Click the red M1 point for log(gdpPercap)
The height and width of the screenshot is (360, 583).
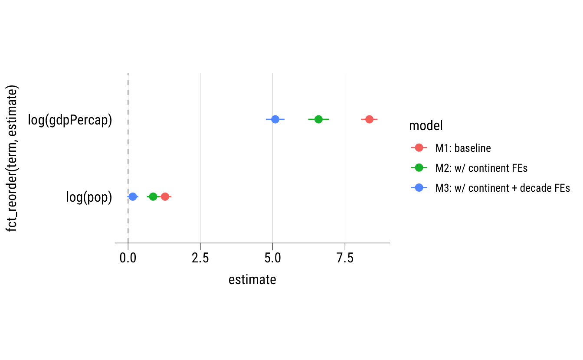coord(369,119)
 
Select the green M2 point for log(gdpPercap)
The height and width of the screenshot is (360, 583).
coord(318,119)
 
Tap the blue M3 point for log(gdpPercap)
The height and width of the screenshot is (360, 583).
coord(275,119)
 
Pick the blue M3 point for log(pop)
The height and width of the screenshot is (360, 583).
coord(133,197)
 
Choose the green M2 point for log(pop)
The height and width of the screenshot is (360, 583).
coord(153,197)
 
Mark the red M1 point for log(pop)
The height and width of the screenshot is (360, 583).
coord(165,197)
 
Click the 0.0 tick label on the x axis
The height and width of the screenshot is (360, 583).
coord(128,258)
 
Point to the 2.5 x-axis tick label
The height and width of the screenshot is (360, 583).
coord(200,258)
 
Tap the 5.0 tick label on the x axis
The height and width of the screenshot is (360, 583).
coord(272,258)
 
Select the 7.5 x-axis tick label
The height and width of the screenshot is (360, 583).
coord(345,258)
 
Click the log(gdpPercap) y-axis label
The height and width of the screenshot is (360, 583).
coord(70,120)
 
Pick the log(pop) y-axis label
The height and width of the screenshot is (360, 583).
coord(89,198)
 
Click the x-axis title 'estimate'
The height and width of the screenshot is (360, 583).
coord(252,280)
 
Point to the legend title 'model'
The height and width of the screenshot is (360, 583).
coord(426,126)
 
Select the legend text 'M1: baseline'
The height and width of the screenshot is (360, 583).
coord(463,148)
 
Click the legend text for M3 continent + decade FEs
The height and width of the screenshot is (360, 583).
coord(502,188)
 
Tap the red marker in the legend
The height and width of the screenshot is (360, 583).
coord(419,148)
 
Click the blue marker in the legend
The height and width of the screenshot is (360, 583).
coord(419,188)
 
